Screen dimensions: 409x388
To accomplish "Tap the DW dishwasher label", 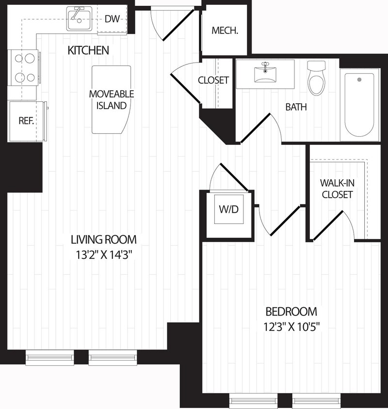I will [113, 19].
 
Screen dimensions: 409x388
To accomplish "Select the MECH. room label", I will [225, 31].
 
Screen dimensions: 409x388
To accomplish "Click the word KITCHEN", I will [88, 50].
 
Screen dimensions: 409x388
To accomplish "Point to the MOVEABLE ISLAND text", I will [111, 99].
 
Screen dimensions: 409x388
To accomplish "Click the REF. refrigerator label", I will [26, 121].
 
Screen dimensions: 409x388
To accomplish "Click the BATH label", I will [296, 107].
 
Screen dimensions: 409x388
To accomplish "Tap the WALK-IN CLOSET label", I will [336, 189].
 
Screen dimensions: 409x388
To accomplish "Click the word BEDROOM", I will [291, 311].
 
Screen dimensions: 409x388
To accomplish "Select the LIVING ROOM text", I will [103, 239].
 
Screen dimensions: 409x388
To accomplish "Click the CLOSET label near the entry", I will [213, 80].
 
